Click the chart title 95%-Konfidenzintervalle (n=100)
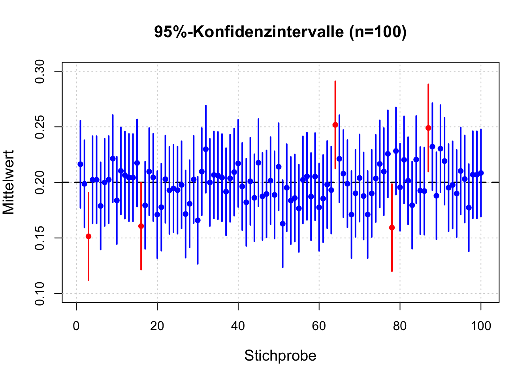point(280,32)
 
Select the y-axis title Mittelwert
point(9,182)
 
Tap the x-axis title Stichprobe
point(280,355)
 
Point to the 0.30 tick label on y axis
point(41,71)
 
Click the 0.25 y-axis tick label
point(41,127)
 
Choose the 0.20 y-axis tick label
point(41,182)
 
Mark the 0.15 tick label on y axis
point(41,238)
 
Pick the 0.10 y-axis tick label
point(41,293)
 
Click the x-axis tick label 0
point(76,326)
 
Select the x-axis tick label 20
point(157,326)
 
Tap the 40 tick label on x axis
point(238,326)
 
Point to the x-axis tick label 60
point(319,326)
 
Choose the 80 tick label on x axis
point(400,326)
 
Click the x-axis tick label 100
point(481,326)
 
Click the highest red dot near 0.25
point(335,125)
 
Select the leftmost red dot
point(88,236)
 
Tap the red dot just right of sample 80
point(428,128)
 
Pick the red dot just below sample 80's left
point(392,228)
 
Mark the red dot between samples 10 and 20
point(141,226)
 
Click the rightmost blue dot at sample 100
point(481,173)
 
